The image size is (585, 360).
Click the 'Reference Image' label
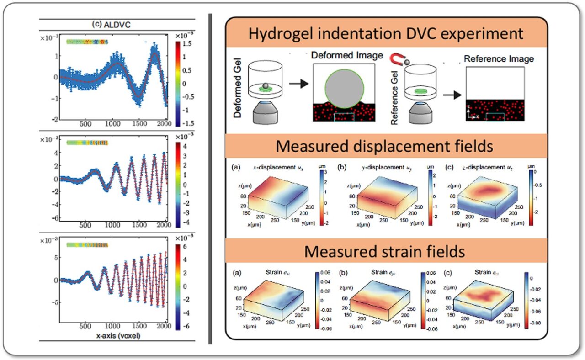(x=499, y=59)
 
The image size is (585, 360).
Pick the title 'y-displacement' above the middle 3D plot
(x=372, y=168)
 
